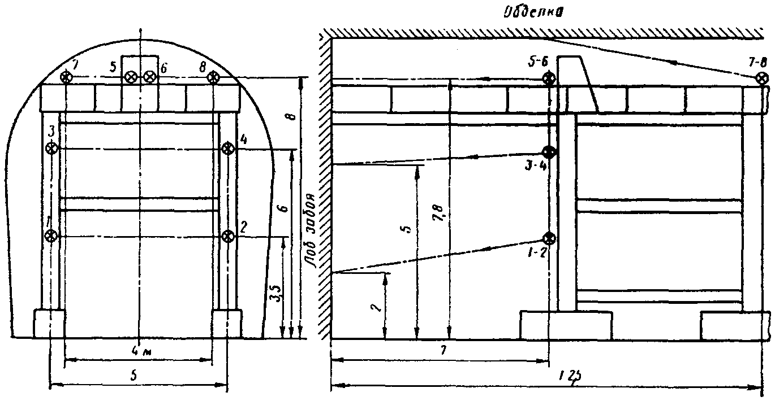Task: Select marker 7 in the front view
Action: pos(67,77)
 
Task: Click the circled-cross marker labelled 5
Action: pos(131,77)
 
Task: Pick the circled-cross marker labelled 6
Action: pos(149,77)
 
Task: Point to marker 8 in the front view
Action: pos(213,77)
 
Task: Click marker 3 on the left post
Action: pos(51,148)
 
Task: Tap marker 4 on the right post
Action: pos(227,148)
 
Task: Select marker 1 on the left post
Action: pos(51,236)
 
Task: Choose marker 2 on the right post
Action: pos(227,236)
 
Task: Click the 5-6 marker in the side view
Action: pos(548,78)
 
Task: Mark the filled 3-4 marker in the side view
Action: pos(548,152)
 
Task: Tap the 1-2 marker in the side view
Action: pos(548,238)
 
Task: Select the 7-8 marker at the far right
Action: pos(763,78)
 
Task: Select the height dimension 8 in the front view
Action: pos(290,117)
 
